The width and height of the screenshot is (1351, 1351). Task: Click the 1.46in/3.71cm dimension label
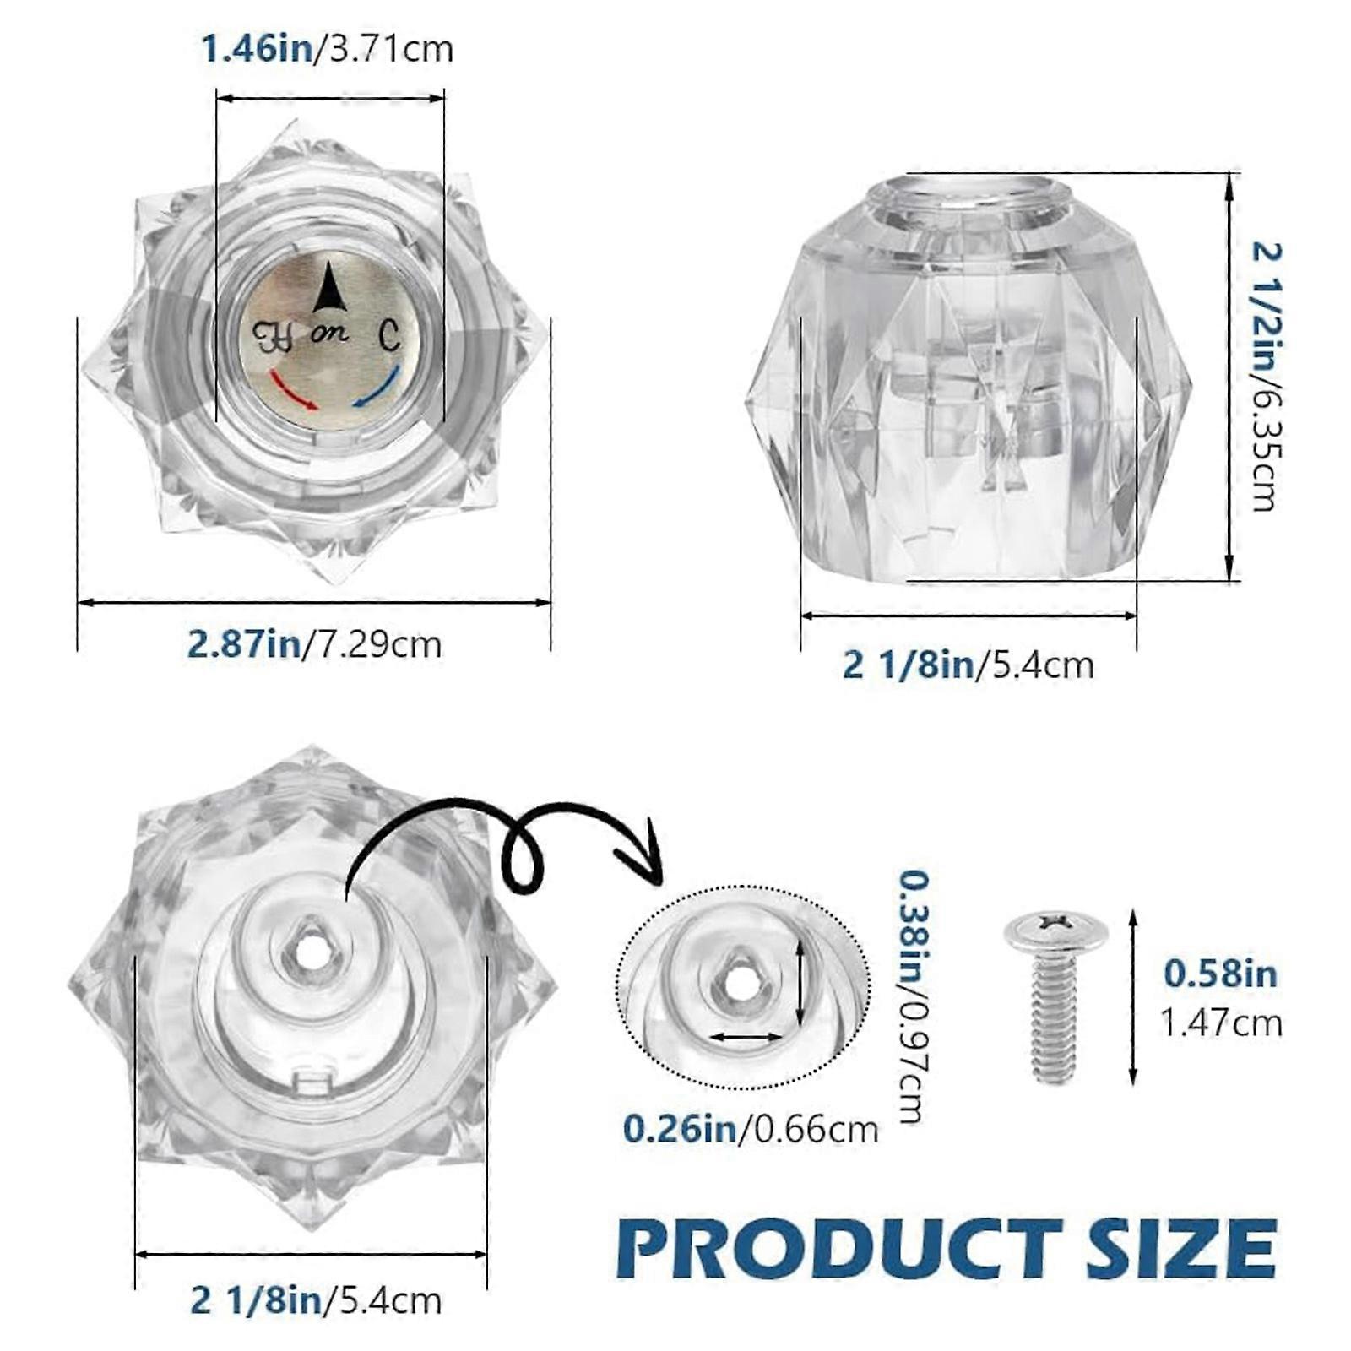click(x=327, y=48)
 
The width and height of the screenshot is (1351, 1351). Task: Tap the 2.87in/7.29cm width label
click(x=314, y=644)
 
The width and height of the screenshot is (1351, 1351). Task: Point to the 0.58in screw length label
click(x=1220, y=974)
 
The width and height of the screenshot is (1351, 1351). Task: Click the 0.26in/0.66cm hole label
click(x=751, y=1129)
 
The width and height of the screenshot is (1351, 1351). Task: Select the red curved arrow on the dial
click(x=293, y=389)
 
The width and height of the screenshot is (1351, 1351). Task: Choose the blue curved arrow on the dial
click(x=377, y=388)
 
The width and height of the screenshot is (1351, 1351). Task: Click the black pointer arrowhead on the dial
click(x=330, y=287)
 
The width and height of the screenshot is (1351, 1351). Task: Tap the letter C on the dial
click(x=388, y=335)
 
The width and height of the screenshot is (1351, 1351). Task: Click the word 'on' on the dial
click(x=329, y=334)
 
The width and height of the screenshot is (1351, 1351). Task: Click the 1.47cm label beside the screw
click(x=1220, y=1023)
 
